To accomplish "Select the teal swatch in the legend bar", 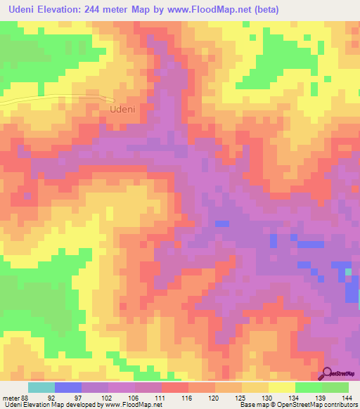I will [41, 388].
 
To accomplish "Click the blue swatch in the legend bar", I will [67, 388].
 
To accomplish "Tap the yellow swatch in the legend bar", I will [281, 388].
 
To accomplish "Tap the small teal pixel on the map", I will [347, 271].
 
